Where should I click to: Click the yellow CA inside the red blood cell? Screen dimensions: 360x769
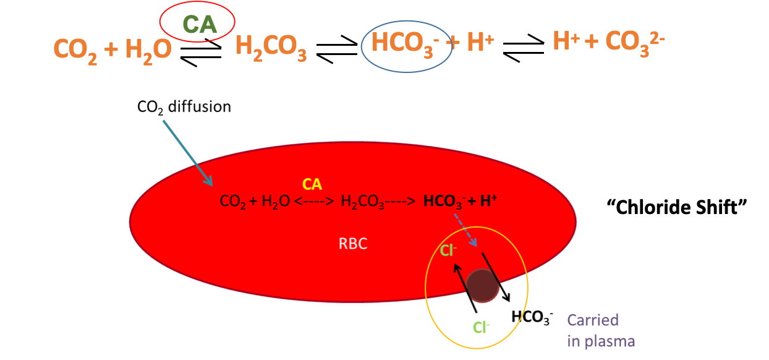tap(312, 184)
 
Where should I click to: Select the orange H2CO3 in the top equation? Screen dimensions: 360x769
tap(271, 48)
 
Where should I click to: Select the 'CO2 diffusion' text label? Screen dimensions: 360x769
tap(184, 107)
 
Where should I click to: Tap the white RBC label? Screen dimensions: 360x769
tap(353, 244)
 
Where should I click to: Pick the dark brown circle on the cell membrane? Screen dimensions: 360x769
tap(482, 286)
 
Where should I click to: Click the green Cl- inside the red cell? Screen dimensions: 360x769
tap(448, 251)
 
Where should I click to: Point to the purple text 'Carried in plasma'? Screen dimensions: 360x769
tap(600, 330)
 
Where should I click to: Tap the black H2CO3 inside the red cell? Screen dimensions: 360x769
tap(363, 202)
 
